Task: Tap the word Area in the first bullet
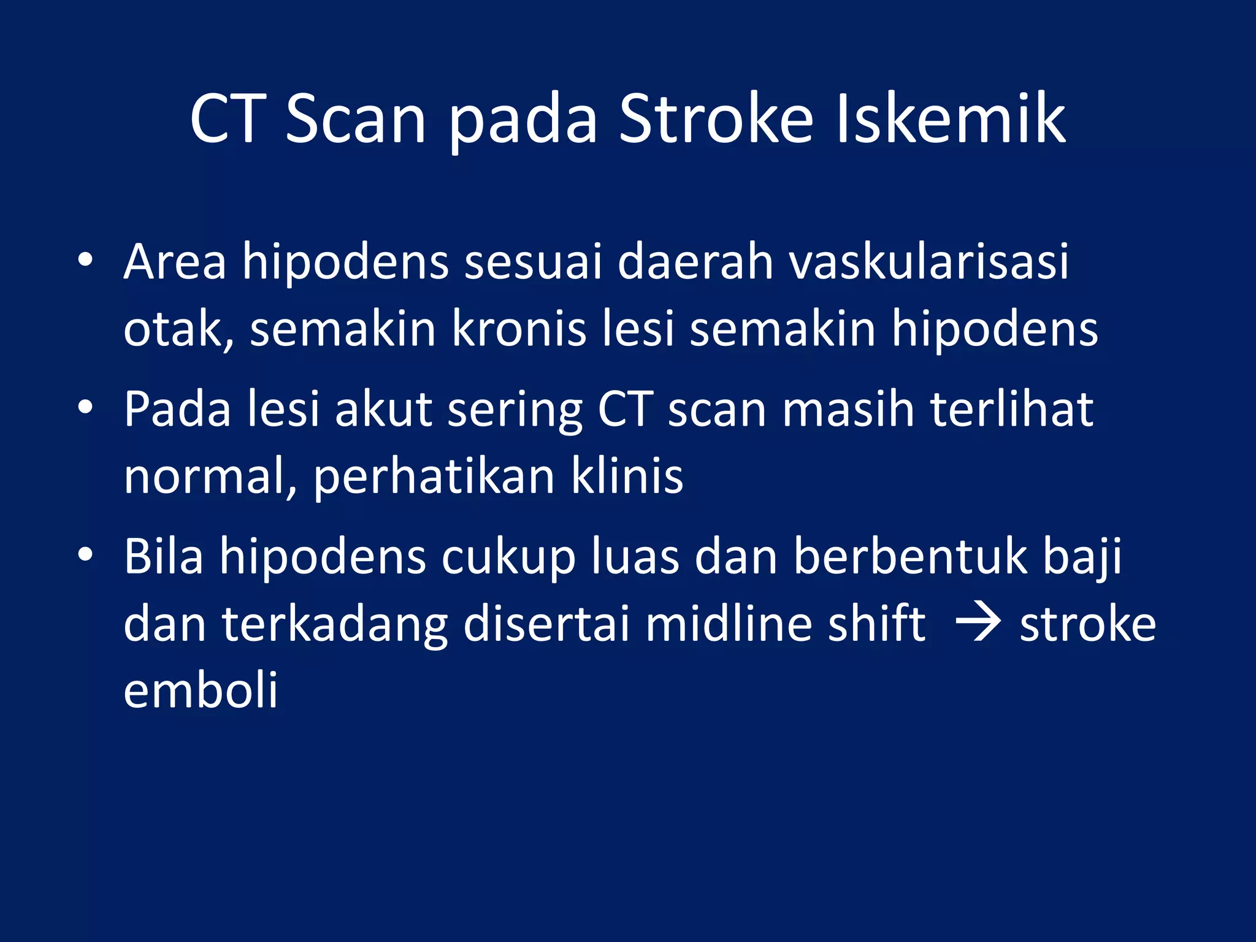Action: point(175,262)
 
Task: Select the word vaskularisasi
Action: point(929,262)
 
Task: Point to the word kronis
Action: point(519,329)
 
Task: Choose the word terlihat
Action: point(1012,409)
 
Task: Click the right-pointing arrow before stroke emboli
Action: point(978,625)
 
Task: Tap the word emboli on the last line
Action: point(201,691)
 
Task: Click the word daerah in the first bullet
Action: point(695,262)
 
